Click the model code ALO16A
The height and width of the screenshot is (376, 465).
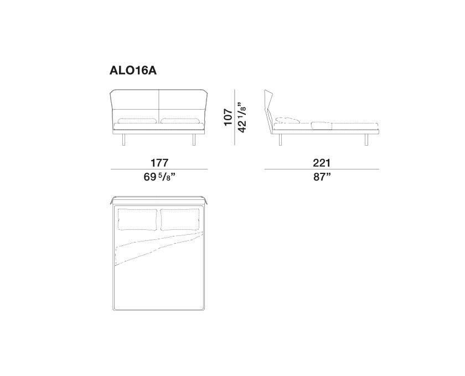coord(133,71)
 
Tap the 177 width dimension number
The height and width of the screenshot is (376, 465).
coord(159,163)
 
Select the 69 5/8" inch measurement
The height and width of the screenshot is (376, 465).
coord(159,177)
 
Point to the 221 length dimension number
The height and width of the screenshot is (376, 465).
coord(322,163)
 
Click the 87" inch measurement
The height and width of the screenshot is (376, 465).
coord(322,177)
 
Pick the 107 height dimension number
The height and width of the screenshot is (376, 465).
coord(229,117)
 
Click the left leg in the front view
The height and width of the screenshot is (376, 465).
coord(125,140)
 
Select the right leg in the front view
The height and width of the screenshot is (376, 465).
coord(194,140)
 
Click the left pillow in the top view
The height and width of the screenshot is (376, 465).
coord(138,220)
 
